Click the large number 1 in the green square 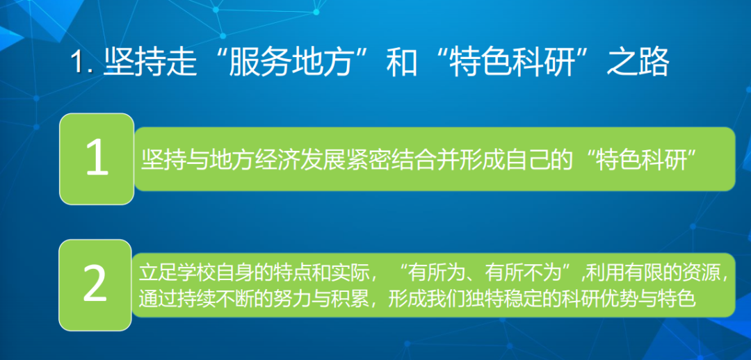(97, 158)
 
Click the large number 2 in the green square (95, 285)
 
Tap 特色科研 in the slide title (511, 63)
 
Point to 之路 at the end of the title (638, 63)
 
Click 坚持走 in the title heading (150, 63)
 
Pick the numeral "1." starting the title (83, 64)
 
